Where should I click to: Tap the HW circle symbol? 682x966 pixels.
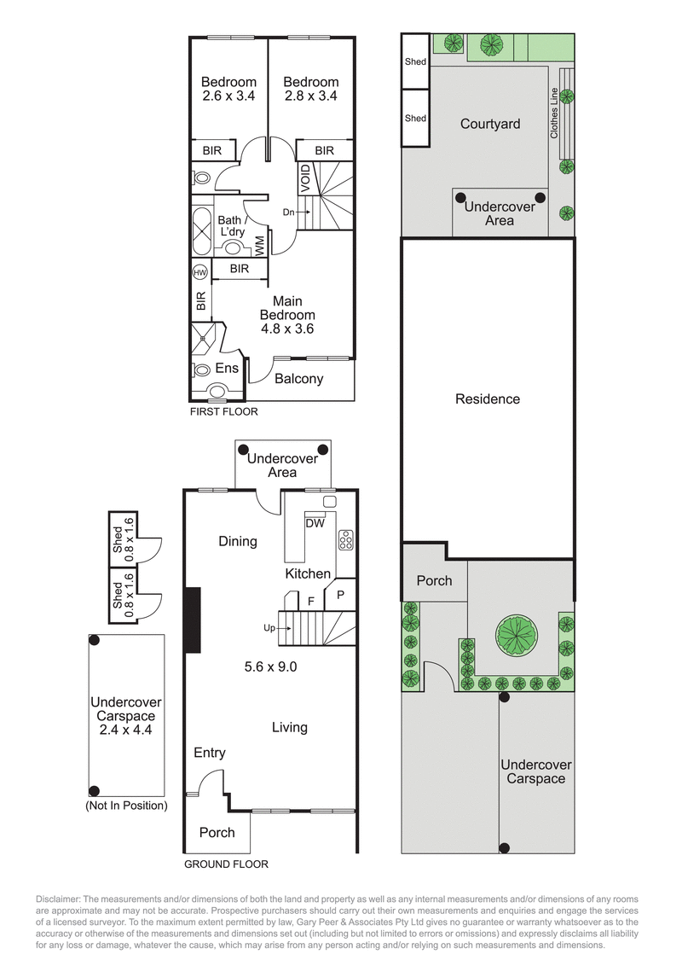[200, 272]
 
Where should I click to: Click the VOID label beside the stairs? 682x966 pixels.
[305, 177]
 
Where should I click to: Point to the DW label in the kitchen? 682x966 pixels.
[315, 524]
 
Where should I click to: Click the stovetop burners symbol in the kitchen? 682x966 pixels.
[346, 539]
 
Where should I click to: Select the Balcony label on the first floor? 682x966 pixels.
[298, 378]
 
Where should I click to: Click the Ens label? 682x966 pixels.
[226, 369]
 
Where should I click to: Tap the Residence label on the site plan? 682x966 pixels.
[487, 399]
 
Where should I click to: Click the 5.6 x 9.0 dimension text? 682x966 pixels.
[271, 666]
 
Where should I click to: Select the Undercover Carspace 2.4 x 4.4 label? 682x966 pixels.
[125, 716]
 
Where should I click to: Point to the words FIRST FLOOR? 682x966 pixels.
[223, 411]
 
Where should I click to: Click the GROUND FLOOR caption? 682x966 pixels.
[226, 864]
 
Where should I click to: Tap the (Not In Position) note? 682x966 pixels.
[125, 805]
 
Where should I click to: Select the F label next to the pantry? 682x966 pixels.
[311, 601]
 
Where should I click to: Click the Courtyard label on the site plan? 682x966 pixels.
[490, 124]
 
